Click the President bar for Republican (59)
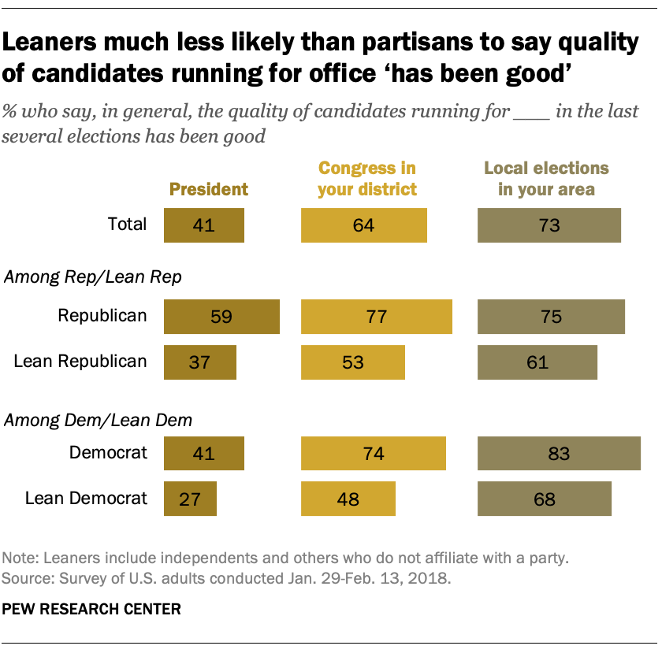point(221,317)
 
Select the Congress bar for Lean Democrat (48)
point(348,499)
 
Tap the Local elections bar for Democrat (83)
point(559,454)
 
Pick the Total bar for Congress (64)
point(363,225)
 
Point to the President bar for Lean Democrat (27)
point(189,499)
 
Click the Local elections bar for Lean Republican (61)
point(537,362)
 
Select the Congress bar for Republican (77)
point(376,317)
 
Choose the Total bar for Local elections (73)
point(549,225)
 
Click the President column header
point(209,189)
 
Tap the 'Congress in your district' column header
point(366,179)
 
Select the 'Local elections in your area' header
point(546,179)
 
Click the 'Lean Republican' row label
point(80,362)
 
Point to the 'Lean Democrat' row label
point(86,498)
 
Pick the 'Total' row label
point(127,224)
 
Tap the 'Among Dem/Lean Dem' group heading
point(98,420)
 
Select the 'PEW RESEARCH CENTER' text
point(91,609)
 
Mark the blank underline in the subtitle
point(531,112)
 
